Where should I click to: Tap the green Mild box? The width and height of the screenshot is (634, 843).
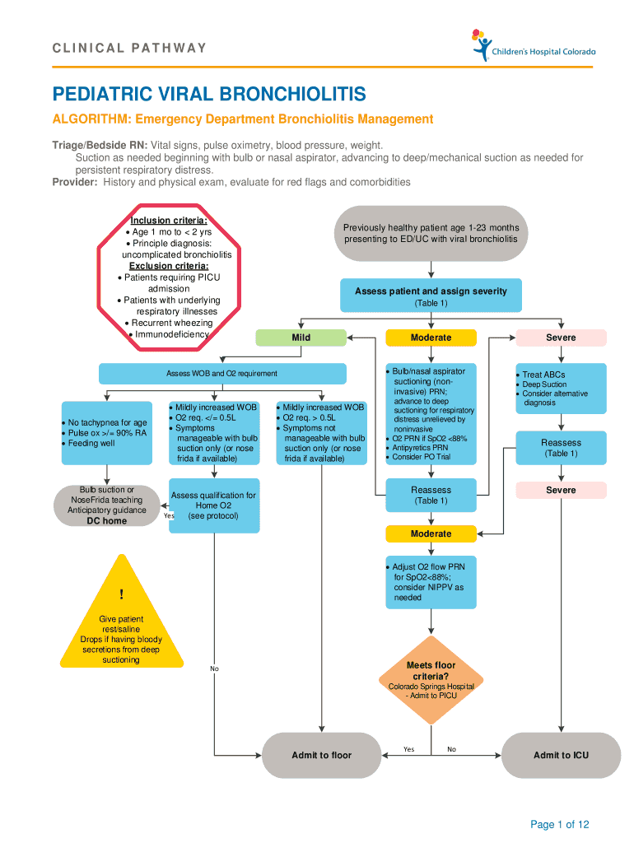point(301,338)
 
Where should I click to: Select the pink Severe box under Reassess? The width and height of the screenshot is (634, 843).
point(561,490)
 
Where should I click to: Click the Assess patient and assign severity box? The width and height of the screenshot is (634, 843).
point(431,296)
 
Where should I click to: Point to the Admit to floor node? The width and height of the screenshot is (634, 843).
point(321,755)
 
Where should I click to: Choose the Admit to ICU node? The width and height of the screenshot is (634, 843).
point(561,755)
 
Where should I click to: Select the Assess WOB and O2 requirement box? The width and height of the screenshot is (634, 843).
point(221,374)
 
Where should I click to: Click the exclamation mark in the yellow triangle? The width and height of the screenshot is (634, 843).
point(121,594)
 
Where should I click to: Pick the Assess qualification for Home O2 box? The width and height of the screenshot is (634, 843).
point(213,505)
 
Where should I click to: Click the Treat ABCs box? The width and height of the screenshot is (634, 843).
point(561,389)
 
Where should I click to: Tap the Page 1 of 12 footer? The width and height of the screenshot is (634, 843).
point(560,824)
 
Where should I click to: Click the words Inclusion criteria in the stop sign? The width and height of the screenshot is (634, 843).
point(169,221)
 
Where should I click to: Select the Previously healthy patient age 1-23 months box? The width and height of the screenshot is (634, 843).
point(431,232)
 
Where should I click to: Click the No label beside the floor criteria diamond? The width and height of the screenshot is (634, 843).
point(451,749)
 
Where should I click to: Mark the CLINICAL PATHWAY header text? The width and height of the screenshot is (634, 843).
point(129,48)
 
